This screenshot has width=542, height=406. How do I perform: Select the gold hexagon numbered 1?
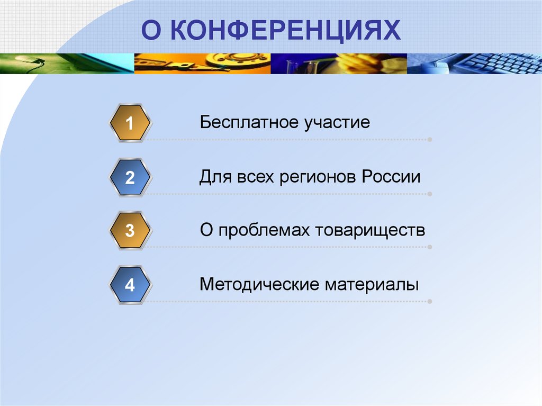pyautogui.click(x=130, y=123)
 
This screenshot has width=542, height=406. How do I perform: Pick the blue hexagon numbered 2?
pyautogui.click(x=130, y=177)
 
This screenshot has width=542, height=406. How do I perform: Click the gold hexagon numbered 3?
pyautogui.click(x=130, y=231)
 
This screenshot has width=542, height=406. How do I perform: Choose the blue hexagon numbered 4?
pyautogui.click(x=130, y=285)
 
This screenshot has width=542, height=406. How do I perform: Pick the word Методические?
pyautogui.click(x=259, y=285)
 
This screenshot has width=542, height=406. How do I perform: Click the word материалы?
pyautogui.click(x=372, y=285)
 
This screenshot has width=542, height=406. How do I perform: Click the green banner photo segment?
pyautogui.click(x=67, y=64)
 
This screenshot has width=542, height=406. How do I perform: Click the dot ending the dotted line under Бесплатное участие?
pyautogui.click(x=429, y=140)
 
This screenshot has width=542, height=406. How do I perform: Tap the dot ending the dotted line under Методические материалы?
pyautogui.click(x=429, y=302)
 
